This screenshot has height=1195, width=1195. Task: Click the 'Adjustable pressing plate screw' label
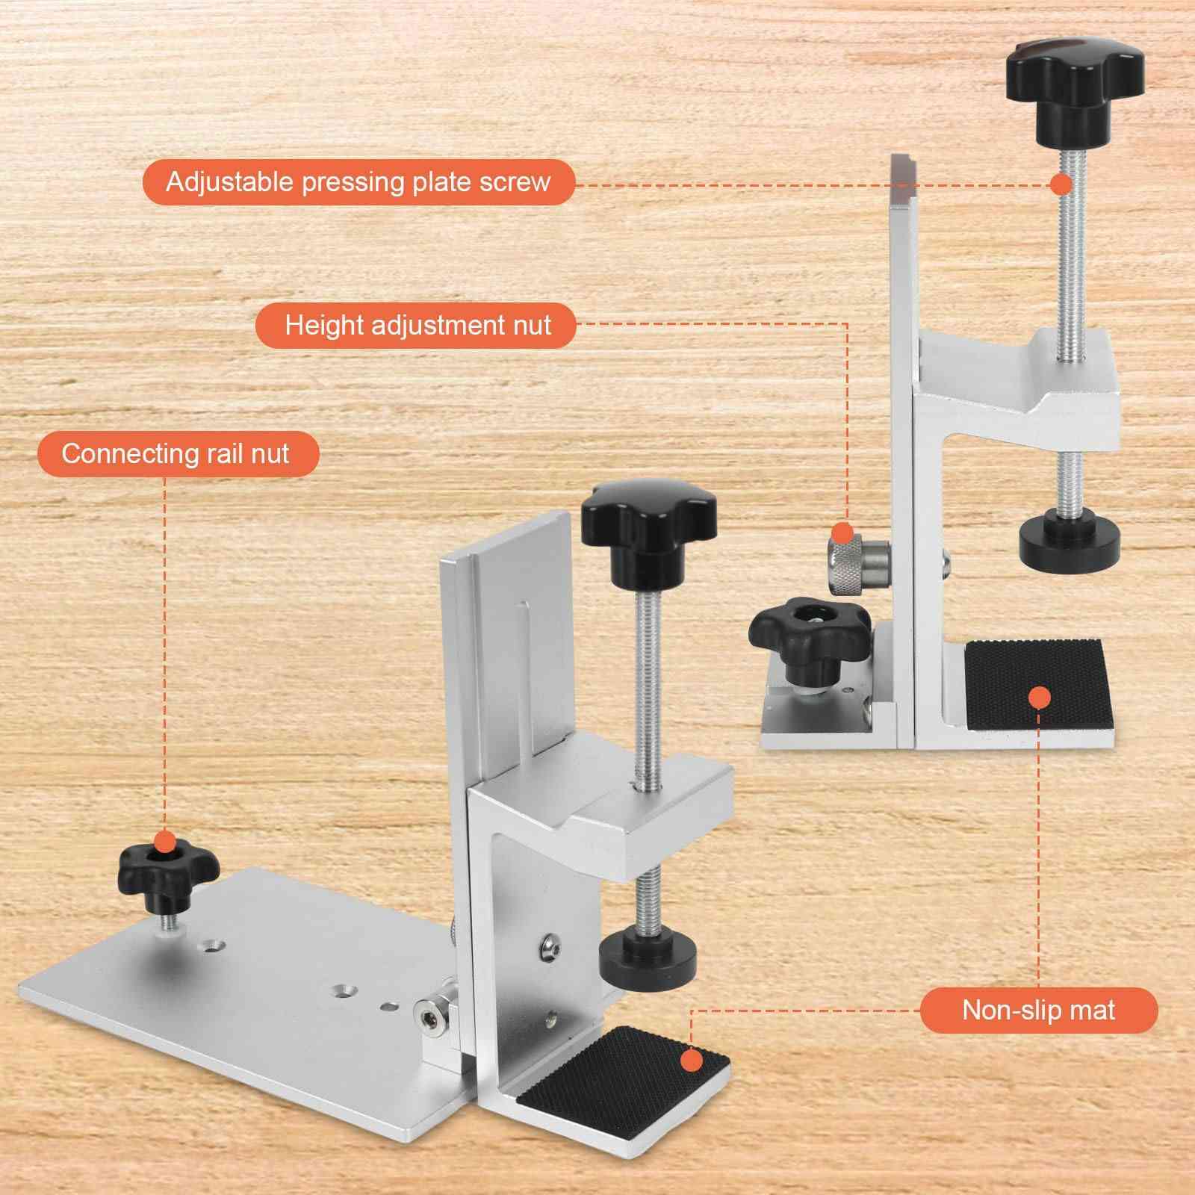pyautogui.click(x=358, y=182)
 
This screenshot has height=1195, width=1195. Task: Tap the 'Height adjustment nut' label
pyautogui.click(x=417, y=326)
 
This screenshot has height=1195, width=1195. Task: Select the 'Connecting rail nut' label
pyautogui.click(x=178, y=454)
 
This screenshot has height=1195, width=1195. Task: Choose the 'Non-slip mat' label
pyautogui.click(x=1038, y=1011)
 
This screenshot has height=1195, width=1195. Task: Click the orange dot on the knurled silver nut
pyautogui.click(x=842, y=533)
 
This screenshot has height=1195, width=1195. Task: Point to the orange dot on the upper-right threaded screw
pyautogui.click(x=1061, y=184)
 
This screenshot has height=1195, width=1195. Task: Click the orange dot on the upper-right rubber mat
pyautogui.click(x=1039, y=698)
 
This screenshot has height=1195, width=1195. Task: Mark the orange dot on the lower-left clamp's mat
pyautogui.click(x=692, y=1061)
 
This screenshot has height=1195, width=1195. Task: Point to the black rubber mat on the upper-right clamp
pyautogui.click(x=1038, y=684)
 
